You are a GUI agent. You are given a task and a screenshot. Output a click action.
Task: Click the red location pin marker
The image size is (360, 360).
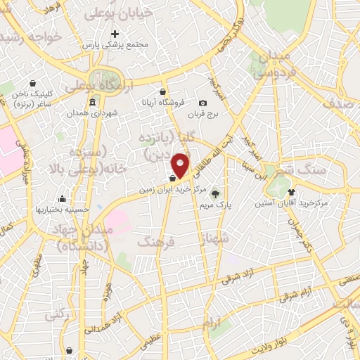tap(181, 165)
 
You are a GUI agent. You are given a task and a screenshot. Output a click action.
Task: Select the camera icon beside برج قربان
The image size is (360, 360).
tap(203, 103)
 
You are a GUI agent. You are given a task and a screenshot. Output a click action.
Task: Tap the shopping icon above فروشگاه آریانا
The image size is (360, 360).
tap(162, 91)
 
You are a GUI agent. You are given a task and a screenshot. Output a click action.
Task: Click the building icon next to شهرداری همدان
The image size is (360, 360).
tap(92, 103)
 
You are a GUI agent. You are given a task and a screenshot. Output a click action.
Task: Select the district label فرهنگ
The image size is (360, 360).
tap(156, 241)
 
